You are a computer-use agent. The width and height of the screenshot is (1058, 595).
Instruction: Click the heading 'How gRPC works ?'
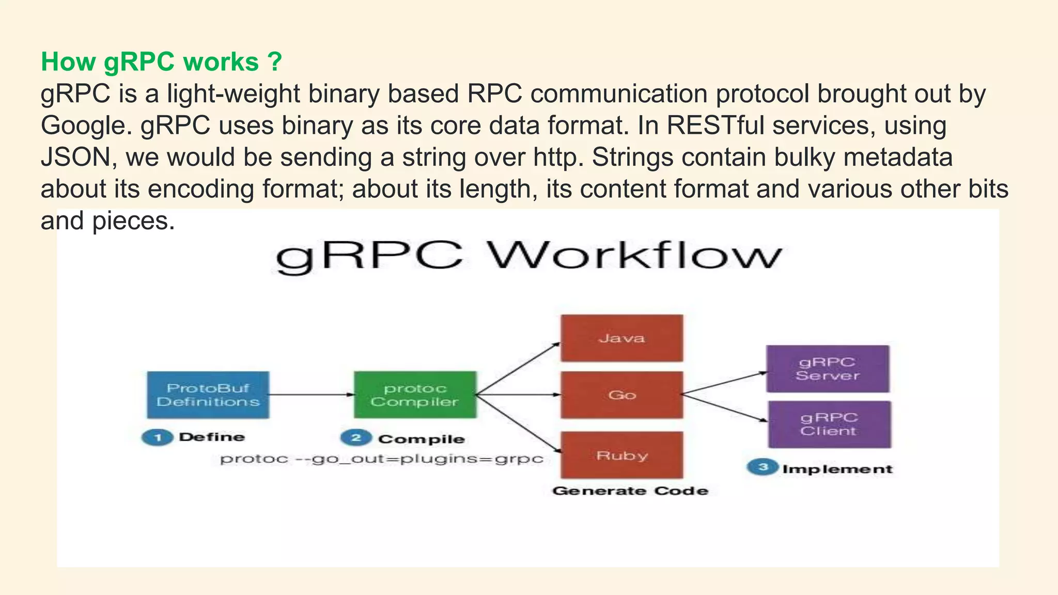tap(161, 62)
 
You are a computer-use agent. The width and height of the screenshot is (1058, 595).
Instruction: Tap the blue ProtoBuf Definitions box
tap(208, 395)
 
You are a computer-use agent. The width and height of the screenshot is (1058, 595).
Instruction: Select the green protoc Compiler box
tap(415, 395)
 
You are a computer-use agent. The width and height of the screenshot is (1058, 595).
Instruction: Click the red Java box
tap(621, 338)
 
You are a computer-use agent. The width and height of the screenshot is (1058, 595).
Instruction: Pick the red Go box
tap(621, 395)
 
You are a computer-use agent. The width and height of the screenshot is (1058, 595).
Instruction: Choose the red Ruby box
tap(621, 456)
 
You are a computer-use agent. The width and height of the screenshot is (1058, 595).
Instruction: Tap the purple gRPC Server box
tap(828, 369)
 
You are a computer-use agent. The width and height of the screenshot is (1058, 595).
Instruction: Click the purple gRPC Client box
tap(829, 424)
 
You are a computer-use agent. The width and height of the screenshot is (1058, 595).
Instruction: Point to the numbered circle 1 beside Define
tap(157, 437)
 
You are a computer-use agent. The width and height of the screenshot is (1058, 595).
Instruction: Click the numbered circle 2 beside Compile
tap(356, 438)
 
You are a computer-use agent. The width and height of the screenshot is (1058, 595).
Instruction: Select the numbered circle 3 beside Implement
tap(763, 467)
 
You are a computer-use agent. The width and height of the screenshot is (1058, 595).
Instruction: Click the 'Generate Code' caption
tap(630, 491)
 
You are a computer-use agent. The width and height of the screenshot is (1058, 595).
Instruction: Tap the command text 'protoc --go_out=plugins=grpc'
tap(381, 459)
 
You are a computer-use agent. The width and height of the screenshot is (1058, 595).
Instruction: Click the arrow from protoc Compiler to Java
tap(518, 368)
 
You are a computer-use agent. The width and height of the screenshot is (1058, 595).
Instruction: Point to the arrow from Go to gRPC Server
tap(723, 383)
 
